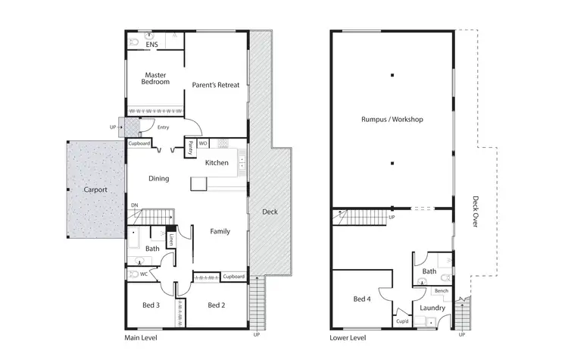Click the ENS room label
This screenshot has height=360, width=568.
pos(153,45)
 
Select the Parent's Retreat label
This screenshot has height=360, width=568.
pos(215,85)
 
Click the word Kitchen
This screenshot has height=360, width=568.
pos(217,163)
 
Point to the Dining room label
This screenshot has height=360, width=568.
pos(158,179)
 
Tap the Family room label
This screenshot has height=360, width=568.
pos(220,231)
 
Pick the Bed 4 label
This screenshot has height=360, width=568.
pos(363,299)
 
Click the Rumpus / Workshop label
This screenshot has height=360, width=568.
pos(392,120)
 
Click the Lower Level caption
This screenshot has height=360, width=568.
pos(348,337)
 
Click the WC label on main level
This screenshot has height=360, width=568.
pos(142,274)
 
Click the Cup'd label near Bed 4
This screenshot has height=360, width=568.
pos(402,321)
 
